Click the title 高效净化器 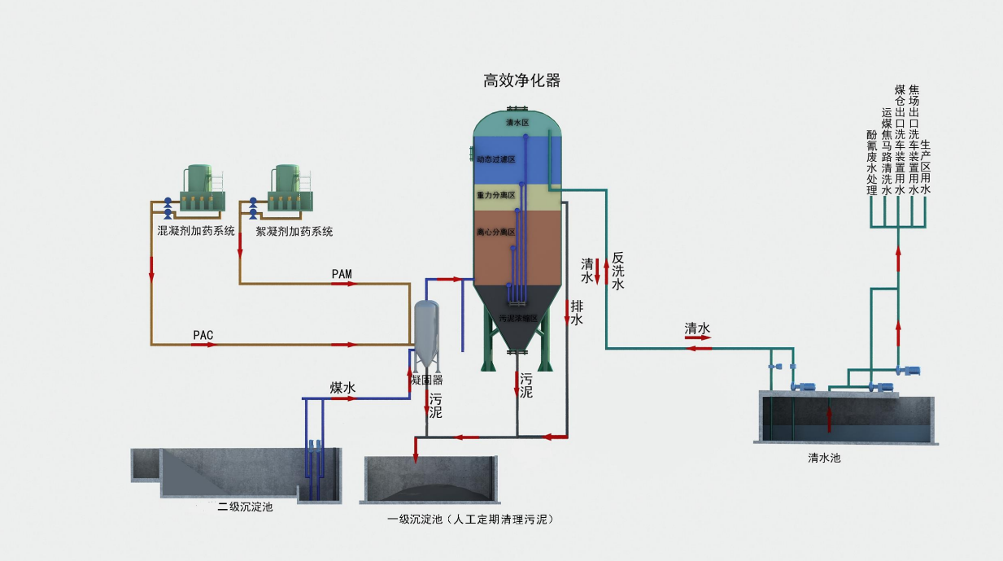point(521,80)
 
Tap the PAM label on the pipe point(342,274)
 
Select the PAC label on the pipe point(203,335)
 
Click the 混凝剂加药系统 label point(196,232)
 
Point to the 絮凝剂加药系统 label point(294,232)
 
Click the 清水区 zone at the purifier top point(517,123)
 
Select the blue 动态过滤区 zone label point(495,160)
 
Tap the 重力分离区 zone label point(495,196)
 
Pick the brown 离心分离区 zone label point(495,233)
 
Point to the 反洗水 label point(617,271)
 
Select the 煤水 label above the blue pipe point(342,389)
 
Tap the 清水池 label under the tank point(824,458)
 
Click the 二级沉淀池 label point(245,507)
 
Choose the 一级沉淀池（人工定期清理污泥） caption point(475,519)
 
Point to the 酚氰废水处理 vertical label point(871,163)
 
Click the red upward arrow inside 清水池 point(830,419)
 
